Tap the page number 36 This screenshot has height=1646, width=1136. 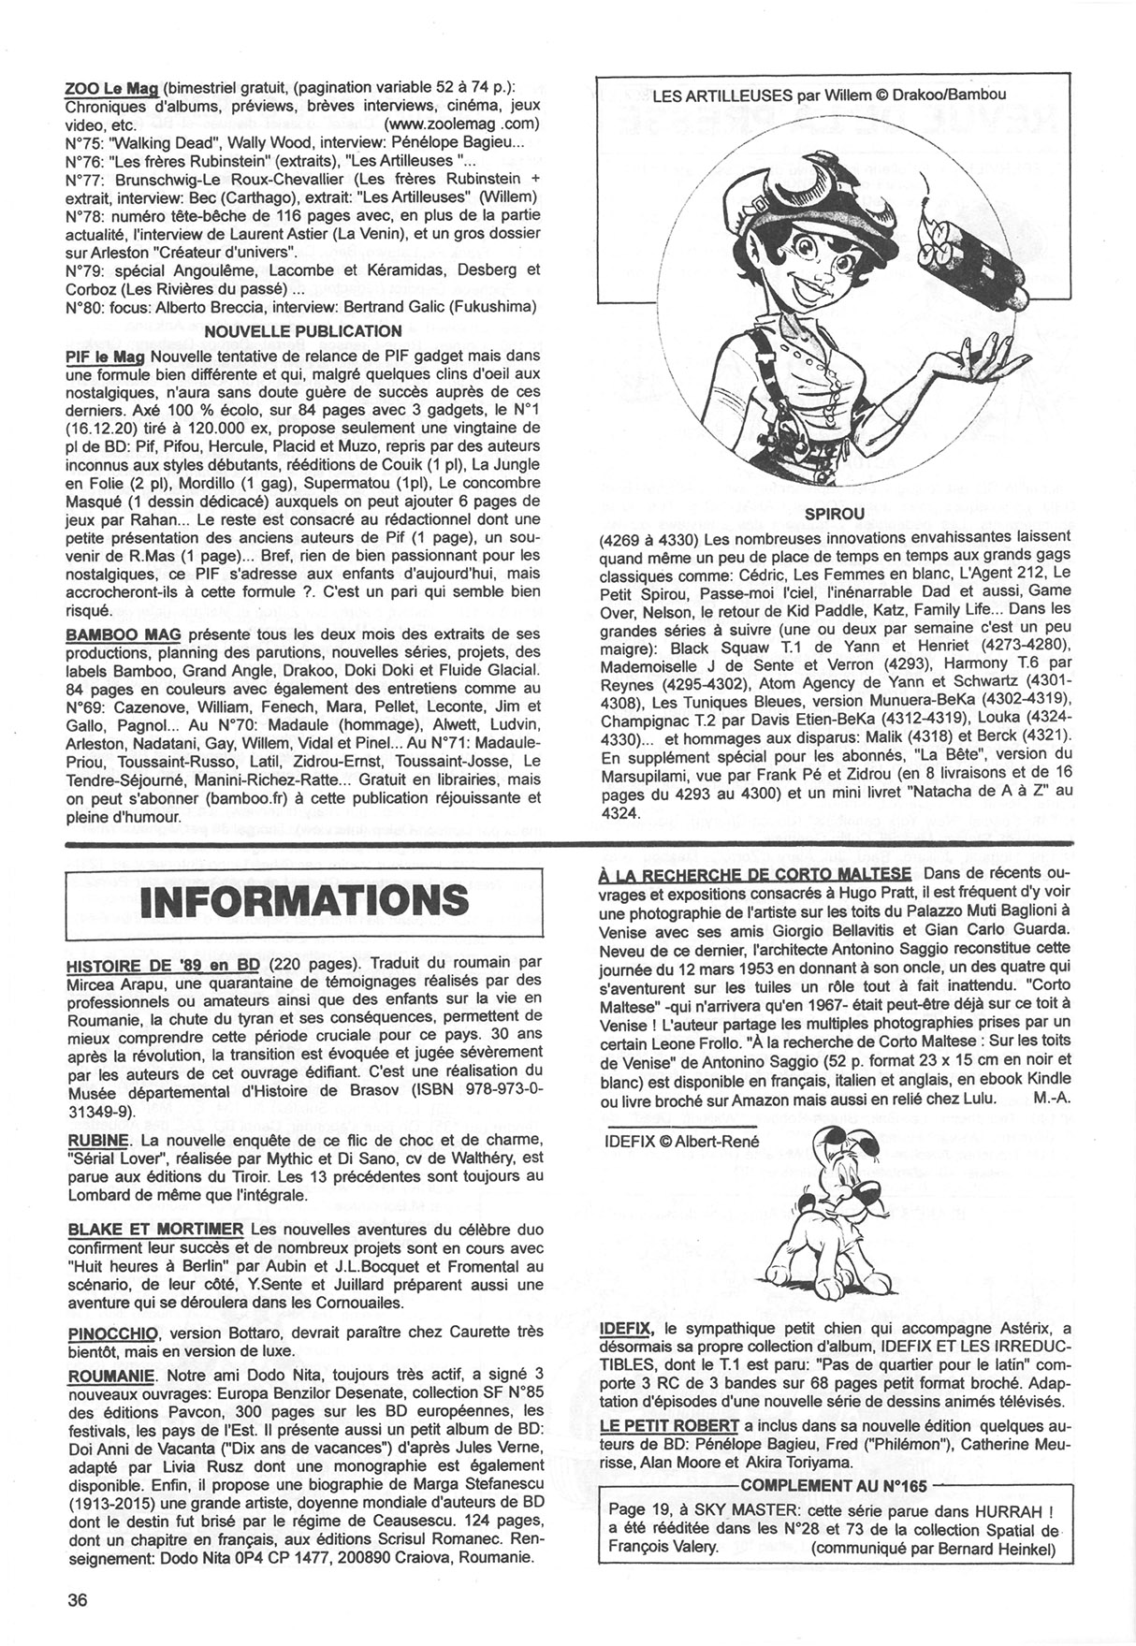point(78,1599)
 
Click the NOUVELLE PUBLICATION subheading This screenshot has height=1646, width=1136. point(302,330)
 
